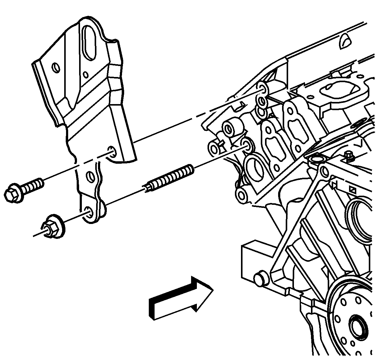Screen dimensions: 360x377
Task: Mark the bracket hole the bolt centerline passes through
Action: [112, 151]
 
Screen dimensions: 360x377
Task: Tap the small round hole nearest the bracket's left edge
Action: [56, 68]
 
